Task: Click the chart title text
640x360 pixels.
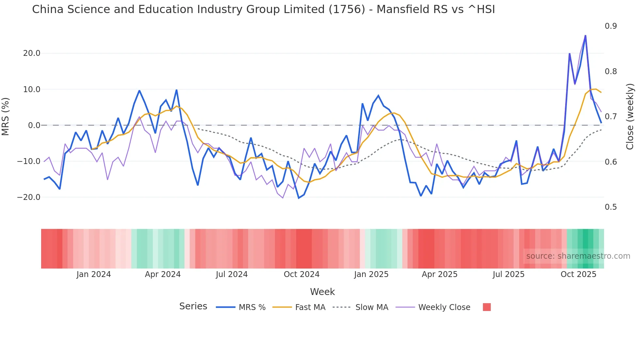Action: (x=263, y=9)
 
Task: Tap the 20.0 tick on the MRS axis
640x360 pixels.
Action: (x=32, y=53)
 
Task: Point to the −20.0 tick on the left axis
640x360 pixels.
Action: (x=29, y=197)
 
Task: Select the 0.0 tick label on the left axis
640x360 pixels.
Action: (x=34, y=125)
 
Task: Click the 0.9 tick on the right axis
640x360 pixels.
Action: (x=611, y=26)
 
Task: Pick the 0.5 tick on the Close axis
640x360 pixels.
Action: (x=611, y=207)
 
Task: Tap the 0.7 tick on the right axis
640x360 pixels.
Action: (x=611, y=117)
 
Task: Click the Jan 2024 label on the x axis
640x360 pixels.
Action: (x=94, y=274)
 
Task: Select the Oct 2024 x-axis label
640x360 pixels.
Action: (x=301, y=274)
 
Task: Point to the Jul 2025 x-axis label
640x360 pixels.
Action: (x=508, y=274)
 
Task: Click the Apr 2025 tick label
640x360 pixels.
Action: (x=440, y=274)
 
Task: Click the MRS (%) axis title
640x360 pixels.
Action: (x=6, y=116)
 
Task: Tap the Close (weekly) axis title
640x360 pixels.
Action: (x=630, y=117)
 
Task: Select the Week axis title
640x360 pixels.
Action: (x=322, y=292)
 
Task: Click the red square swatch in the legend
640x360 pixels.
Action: (x=487, y=307)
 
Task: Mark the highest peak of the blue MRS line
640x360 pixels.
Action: (x=585, y=36)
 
